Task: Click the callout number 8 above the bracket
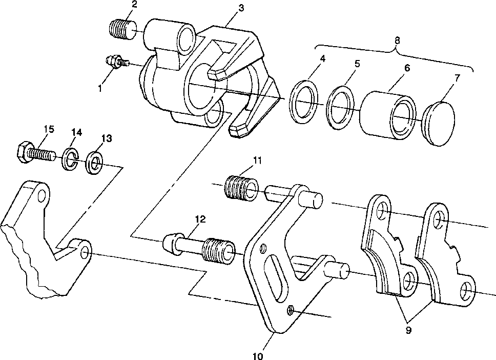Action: point(397,41)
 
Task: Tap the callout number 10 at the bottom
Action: point(258,356)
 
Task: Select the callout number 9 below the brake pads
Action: point(408,330)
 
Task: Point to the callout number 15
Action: point(49,129)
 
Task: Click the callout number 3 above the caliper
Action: point(241,8)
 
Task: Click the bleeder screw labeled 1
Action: point(117,61)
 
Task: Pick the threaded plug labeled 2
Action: point(123,29)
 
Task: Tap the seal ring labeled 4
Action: point(304,102)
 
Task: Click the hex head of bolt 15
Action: point(24,152)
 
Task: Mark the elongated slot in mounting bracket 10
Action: point(276,278)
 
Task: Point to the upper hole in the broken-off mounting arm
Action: point(42,196)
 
